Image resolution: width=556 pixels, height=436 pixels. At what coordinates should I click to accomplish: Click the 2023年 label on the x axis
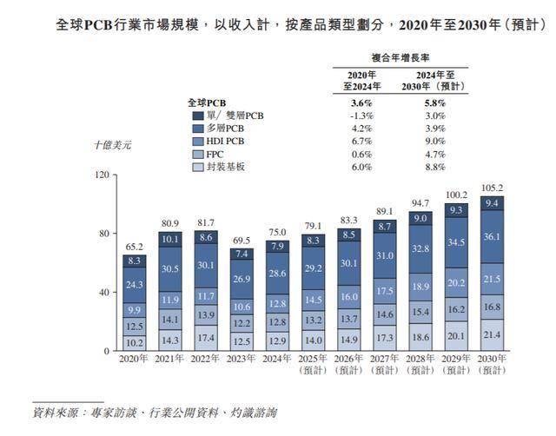pos(243,357)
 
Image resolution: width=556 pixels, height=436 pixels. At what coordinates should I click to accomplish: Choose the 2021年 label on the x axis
pos(170,357)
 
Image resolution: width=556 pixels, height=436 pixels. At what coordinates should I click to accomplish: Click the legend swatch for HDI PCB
pos(198,141)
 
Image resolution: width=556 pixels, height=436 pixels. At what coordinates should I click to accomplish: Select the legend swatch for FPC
pos(198,154)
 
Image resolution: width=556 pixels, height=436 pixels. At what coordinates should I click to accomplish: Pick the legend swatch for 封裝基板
pos(198,167)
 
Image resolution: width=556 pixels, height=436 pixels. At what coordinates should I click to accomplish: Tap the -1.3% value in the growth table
pos(360,115)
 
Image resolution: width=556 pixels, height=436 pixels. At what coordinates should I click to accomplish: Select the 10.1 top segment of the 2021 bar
pos(170,239)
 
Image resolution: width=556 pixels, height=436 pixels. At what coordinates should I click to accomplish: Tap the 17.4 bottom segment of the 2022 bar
pos(207,336)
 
